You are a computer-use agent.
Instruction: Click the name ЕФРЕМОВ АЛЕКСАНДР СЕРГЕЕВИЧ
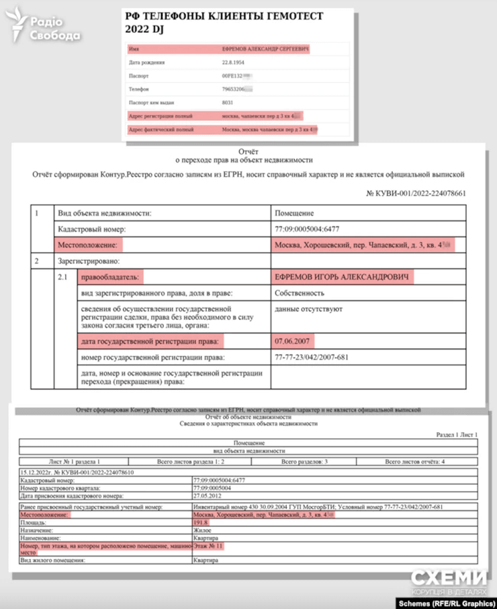click(265, 49)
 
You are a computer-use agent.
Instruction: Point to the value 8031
click(228, 102)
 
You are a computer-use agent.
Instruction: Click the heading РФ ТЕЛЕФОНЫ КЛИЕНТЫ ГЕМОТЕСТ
click(229, 17)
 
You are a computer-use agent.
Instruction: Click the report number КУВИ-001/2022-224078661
click(416, 193)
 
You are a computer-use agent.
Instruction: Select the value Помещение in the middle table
click(296, 213)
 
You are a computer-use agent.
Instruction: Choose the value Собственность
click(300, 293)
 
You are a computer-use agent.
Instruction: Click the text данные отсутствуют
click(309, 309)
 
